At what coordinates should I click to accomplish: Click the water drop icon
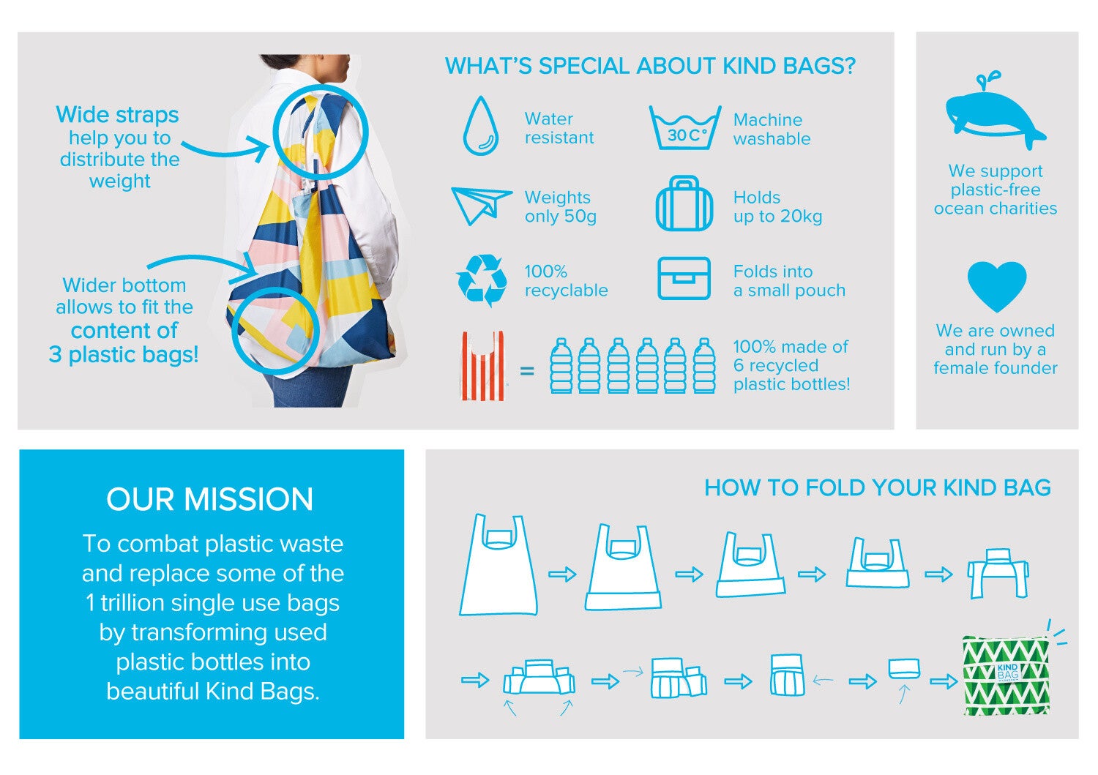pyautogui.click(x=480, y=126)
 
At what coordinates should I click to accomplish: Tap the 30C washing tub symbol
pyautogui.click(x=685, y=127)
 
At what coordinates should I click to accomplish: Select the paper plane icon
pyautogui.click(x=481, y=206)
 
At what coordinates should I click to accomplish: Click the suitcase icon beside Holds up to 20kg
pyautogui.click(x=684, y=203)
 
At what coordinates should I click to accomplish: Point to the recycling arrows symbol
pyautogui.click(x=482, y=280)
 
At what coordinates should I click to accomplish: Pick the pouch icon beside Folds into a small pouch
pyautogui.click(x=684, y=278)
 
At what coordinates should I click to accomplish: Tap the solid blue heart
pyautogui.click(x=996, y=287)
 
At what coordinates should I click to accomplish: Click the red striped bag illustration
pyautogui.click(x=483, y=366)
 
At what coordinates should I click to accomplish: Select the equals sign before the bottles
pyautogui.click(x=527, y=371)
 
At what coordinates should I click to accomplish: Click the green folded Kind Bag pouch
pyautogui.click(x=1006, y=675)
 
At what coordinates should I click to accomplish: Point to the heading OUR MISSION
pyautogui.click(x=210, y=500)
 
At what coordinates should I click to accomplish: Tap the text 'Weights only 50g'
pyautogui.click(x=560, y=206)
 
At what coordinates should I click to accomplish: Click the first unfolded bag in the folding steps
pyautogui.click(x=498, y=564)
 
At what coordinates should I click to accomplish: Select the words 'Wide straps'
pyautogui.click(x=117, y=115)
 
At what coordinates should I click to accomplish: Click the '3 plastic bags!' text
pyautogui.click(x=124, y=354)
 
